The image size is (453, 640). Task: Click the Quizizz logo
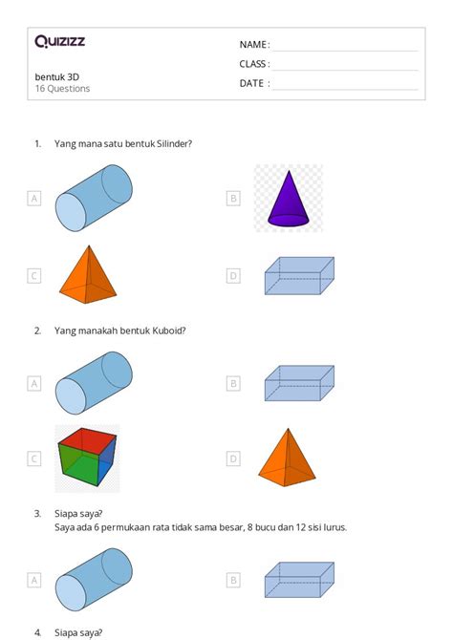(x=59, y=41)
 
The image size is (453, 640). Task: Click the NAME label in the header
(x=253, y=45)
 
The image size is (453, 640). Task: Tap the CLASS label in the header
(x=254, y=64)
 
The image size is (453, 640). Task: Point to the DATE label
(x=253, y=83)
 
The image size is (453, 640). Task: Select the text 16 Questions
(x=62, y=89)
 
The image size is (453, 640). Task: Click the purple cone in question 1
(x=288, y=199)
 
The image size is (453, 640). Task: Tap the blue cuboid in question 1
(x=298, y=275)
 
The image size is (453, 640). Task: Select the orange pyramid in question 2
(x=288, y=458)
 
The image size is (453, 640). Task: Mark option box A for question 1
(x=34, y=199)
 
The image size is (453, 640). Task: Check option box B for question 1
(x=233, y=199)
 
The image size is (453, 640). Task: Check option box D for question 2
(x=233, y=459)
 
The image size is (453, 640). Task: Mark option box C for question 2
(x=34, y=459)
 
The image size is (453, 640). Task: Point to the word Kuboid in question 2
(x=168, y=331)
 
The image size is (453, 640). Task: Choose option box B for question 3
(x=233, y=579)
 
